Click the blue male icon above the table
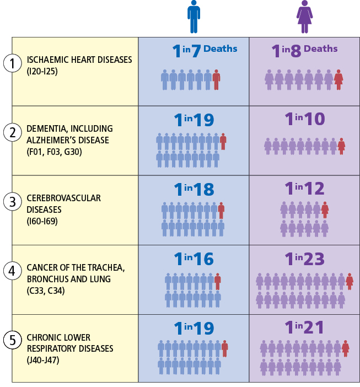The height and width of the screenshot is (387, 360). pyautogui.click(x=194, y=17)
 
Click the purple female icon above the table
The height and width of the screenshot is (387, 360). pyautogui.click(x=305, y=17)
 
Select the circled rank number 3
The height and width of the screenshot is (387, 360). pyautogui.click(x=12, y=202)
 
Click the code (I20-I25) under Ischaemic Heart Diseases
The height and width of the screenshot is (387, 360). pyautogui.click(x=42, y=71)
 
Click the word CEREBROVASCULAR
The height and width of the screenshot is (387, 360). pyautogui.click(x=63, y=198)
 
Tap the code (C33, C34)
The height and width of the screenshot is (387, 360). pyautogui.click(x=46, y=291)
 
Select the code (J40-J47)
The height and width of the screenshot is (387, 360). pyautogui.click(x=44, y=360)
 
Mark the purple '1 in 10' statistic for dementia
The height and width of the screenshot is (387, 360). pyautogui.click(x=304, y=119)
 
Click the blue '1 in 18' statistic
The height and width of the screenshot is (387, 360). pyautogui.click(x=194, y=190)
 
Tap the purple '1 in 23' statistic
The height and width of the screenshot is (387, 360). pyautogui.click(x=304, y=259)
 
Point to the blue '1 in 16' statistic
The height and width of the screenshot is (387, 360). pyautogui.click(x=194, y=259)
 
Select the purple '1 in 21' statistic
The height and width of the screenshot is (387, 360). pyautogui.click(x=304, y=328)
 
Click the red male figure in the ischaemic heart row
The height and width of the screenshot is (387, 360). pyautogui.click(x=217, y=80)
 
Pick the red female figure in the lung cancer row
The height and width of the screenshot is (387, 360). pyautogui.click(x=350, y=282)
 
